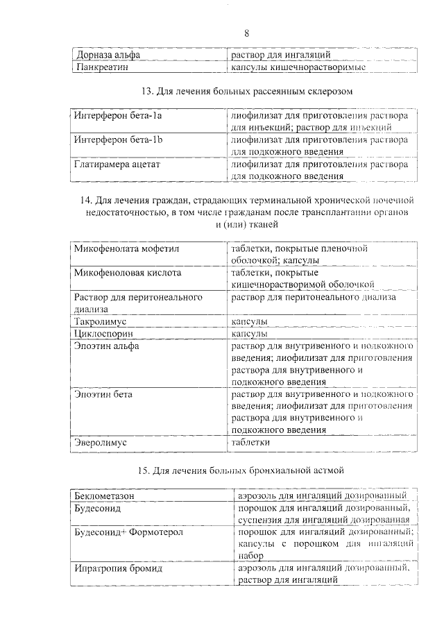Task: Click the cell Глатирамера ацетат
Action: coord(117,165)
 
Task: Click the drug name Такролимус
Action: coord(101,322)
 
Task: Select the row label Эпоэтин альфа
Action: coord(107,346)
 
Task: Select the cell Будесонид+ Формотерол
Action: coord(127,532)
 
